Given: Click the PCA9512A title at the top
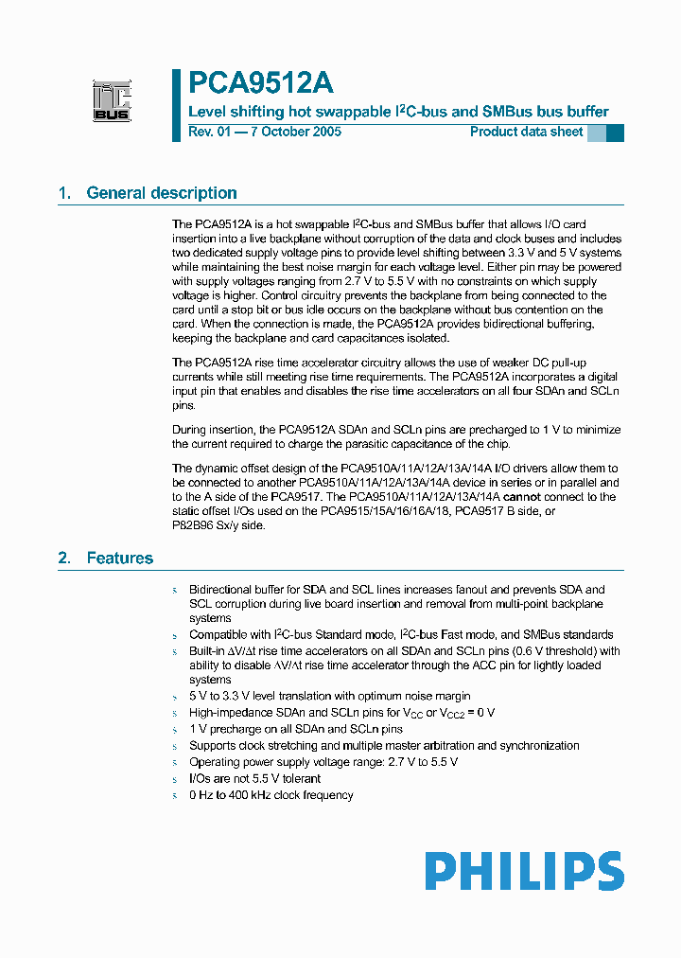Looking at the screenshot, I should coord(260,83).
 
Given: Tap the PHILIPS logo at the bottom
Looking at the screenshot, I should coord(523,871).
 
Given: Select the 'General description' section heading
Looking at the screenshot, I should coord(162,193).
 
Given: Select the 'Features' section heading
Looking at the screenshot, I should coord(119,559).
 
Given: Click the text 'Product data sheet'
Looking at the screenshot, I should coord(526,132).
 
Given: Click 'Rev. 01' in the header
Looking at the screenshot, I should coord(209,132).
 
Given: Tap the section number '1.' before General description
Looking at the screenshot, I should coord(64,193).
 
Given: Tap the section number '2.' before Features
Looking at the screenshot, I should coord(64,559).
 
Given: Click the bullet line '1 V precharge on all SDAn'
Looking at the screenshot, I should coord(295,729).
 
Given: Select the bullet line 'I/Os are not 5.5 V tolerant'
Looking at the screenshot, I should coord(254,778).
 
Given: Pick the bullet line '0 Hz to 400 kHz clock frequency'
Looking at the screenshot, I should coord(271,795).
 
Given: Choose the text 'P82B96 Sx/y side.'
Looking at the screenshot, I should coord(218,526).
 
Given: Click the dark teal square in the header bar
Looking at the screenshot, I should coord(615,133).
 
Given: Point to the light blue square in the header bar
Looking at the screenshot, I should coord(596,133).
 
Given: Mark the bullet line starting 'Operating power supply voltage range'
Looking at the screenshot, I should coord(323,762).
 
